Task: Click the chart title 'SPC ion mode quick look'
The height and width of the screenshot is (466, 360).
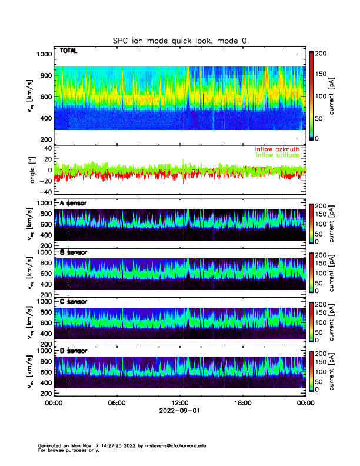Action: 179,41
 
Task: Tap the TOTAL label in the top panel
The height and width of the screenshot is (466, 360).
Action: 69,52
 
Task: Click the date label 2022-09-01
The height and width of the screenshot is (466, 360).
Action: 179,411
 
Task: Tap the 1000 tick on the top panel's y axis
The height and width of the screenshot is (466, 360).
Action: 44,54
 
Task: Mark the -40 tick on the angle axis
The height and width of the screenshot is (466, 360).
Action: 44,192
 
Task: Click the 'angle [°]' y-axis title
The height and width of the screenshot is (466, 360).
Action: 33,171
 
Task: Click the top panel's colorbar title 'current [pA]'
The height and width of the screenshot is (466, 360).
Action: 332,95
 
